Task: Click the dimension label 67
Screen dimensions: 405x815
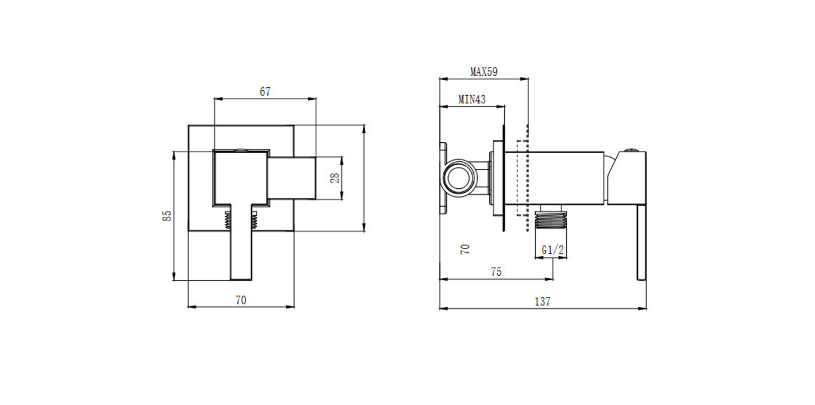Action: click(x=265, y=91)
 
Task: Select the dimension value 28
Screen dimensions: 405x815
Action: click(x=335, y=178)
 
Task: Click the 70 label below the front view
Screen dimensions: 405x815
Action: click(x=240, y=300)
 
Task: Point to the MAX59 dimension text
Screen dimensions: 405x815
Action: click(x=483, y=72)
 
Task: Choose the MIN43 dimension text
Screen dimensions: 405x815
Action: click(x=471, y=100)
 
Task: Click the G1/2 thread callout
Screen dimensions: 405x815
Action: click(x=552, y=250)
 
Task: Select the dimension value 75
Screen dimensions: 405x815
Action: click(x=496, y=272)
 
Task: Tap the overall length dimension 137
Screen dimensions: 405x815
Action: click(x=542, y=302)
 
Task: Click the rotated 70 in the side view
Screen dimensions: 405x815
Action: click(x=466, y=248)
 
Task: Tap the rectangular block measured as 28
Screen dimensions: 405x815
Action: click(x=291, y=178)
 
